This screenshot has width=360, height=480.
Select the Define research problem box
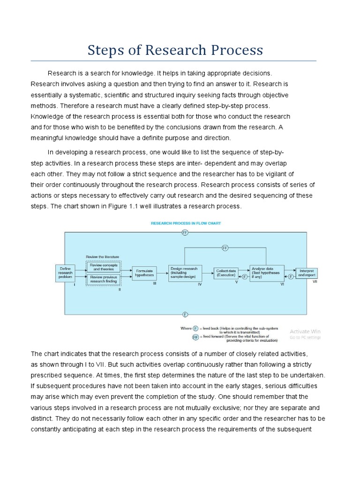[x=65, y=273]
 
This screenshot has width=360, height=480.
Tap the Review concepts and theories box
[x=103, y=267]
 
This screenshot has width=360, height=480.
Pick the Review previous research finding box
[x=103, y=280]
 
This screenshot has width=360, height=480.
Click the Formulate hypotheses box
[x=145, y=273]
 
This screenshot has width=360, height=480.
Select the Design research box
[x=185, y=273]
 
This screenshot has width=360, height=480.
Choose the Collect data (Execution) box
[x=226, y=273]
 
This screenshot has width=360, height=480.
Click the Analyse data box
[x=266, y=273]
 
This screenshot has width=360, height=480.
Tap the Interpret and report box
[x=307, y=273]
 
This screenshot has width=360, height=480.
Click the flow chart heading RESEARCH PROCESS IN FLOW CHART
[x=186, y=224]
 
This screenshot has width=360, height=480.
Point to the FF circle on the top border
[x=185, y=232]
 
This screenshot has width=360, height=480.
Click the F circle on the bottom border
[x=185, y=314]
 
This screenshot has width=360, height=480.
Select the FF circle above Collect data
[x=225, y=247]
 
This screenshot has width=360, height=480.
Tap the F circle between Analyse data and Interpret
[x=290, y=277]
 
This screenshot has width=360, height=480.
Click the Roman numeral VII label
[x=315, y=282]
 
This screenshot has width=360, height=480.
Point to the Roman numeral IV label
[x=199, y=285]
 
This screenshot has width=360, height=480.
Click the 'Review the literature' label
[x=102, y=257]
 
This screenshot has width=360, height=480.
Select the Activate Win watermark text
[x=305, y=331]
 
